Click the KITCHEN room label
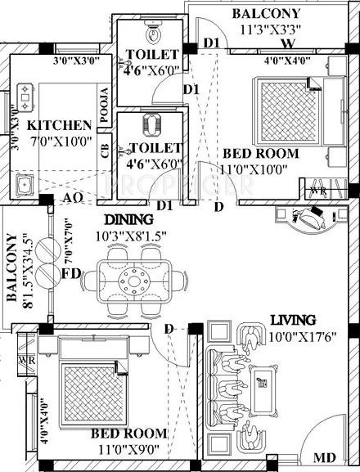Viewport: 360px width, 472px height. [x=59, y=126]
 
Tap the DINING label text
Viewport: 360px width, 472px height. [x=128, y=219]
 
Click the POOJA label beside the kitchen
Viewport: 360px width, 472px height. [x=104, y=106]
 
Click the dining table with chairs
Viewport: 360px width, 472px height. [x=129, y=280]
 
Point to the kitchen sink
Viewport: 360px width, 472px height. [x=23, y=182]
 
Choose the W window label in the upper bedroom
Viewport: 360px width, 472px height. [x=287, y=44]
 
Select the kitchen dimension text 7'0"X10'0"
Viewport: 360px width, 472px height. [x=59, y=142]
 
